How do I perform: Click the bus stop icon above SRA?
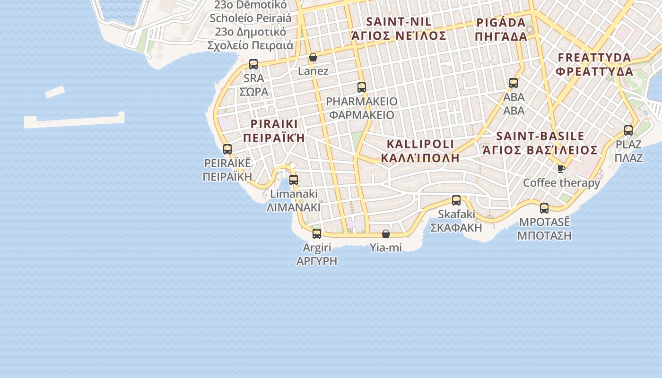[253, 64]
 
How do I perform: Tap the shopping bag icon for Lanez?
[313, 58]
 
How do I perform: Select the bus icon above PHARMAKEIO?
[362, 87]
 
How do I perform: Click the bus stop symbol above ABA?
[514, 83]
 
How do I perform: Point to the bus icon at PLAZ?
[628, 130]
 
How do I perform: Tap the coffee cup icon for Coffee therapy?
[561, 169]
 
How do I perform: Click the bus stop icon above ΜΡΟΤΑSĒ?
[544, 208]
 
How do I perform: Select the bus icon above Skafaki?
[456, 200]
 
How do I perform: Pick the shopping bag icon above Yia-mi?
[386, 234]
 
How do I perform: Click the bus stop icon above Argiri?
[317, 233]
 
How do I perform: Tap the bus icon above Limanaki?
[294, 180]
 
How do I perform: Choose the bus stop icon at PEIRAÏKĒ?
[227, 149]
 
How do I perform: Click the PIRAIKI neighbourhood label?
[274, 124]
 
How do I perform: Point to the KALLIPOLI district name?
[420, 144]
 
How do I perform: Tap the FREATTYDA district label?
[594, 58]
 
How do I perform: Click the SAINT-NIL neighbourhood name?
[399, 22]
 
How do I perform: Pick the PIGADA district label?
[501, 23]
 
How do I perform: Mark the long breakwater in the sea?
[75, 120]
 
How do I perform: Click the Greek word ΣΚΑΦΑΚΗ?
[456, 227]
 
